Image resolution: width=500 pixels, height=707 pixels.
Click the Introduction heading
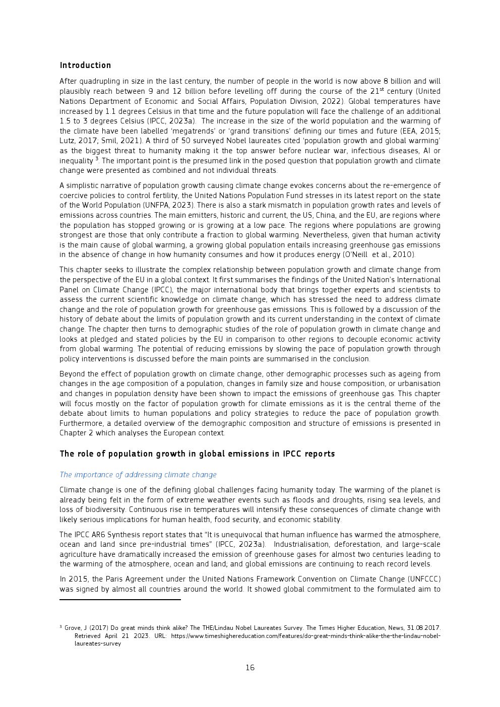click(x=85, y=66)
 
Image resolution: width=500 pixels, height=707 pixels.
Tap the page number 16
click(x=250, y=668)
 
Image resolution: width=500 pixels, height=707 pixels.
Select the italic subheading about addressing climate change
click(x=138, y=475)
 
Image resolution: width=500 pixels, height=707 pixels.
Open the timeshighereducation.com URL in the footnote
click(x=305, y=636)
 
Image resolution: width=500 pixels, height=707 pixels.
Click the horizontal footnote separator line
click(x=120, y=600)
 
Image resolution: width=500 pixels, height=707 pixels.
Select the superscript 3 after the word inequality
click(x=97, y=159)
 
